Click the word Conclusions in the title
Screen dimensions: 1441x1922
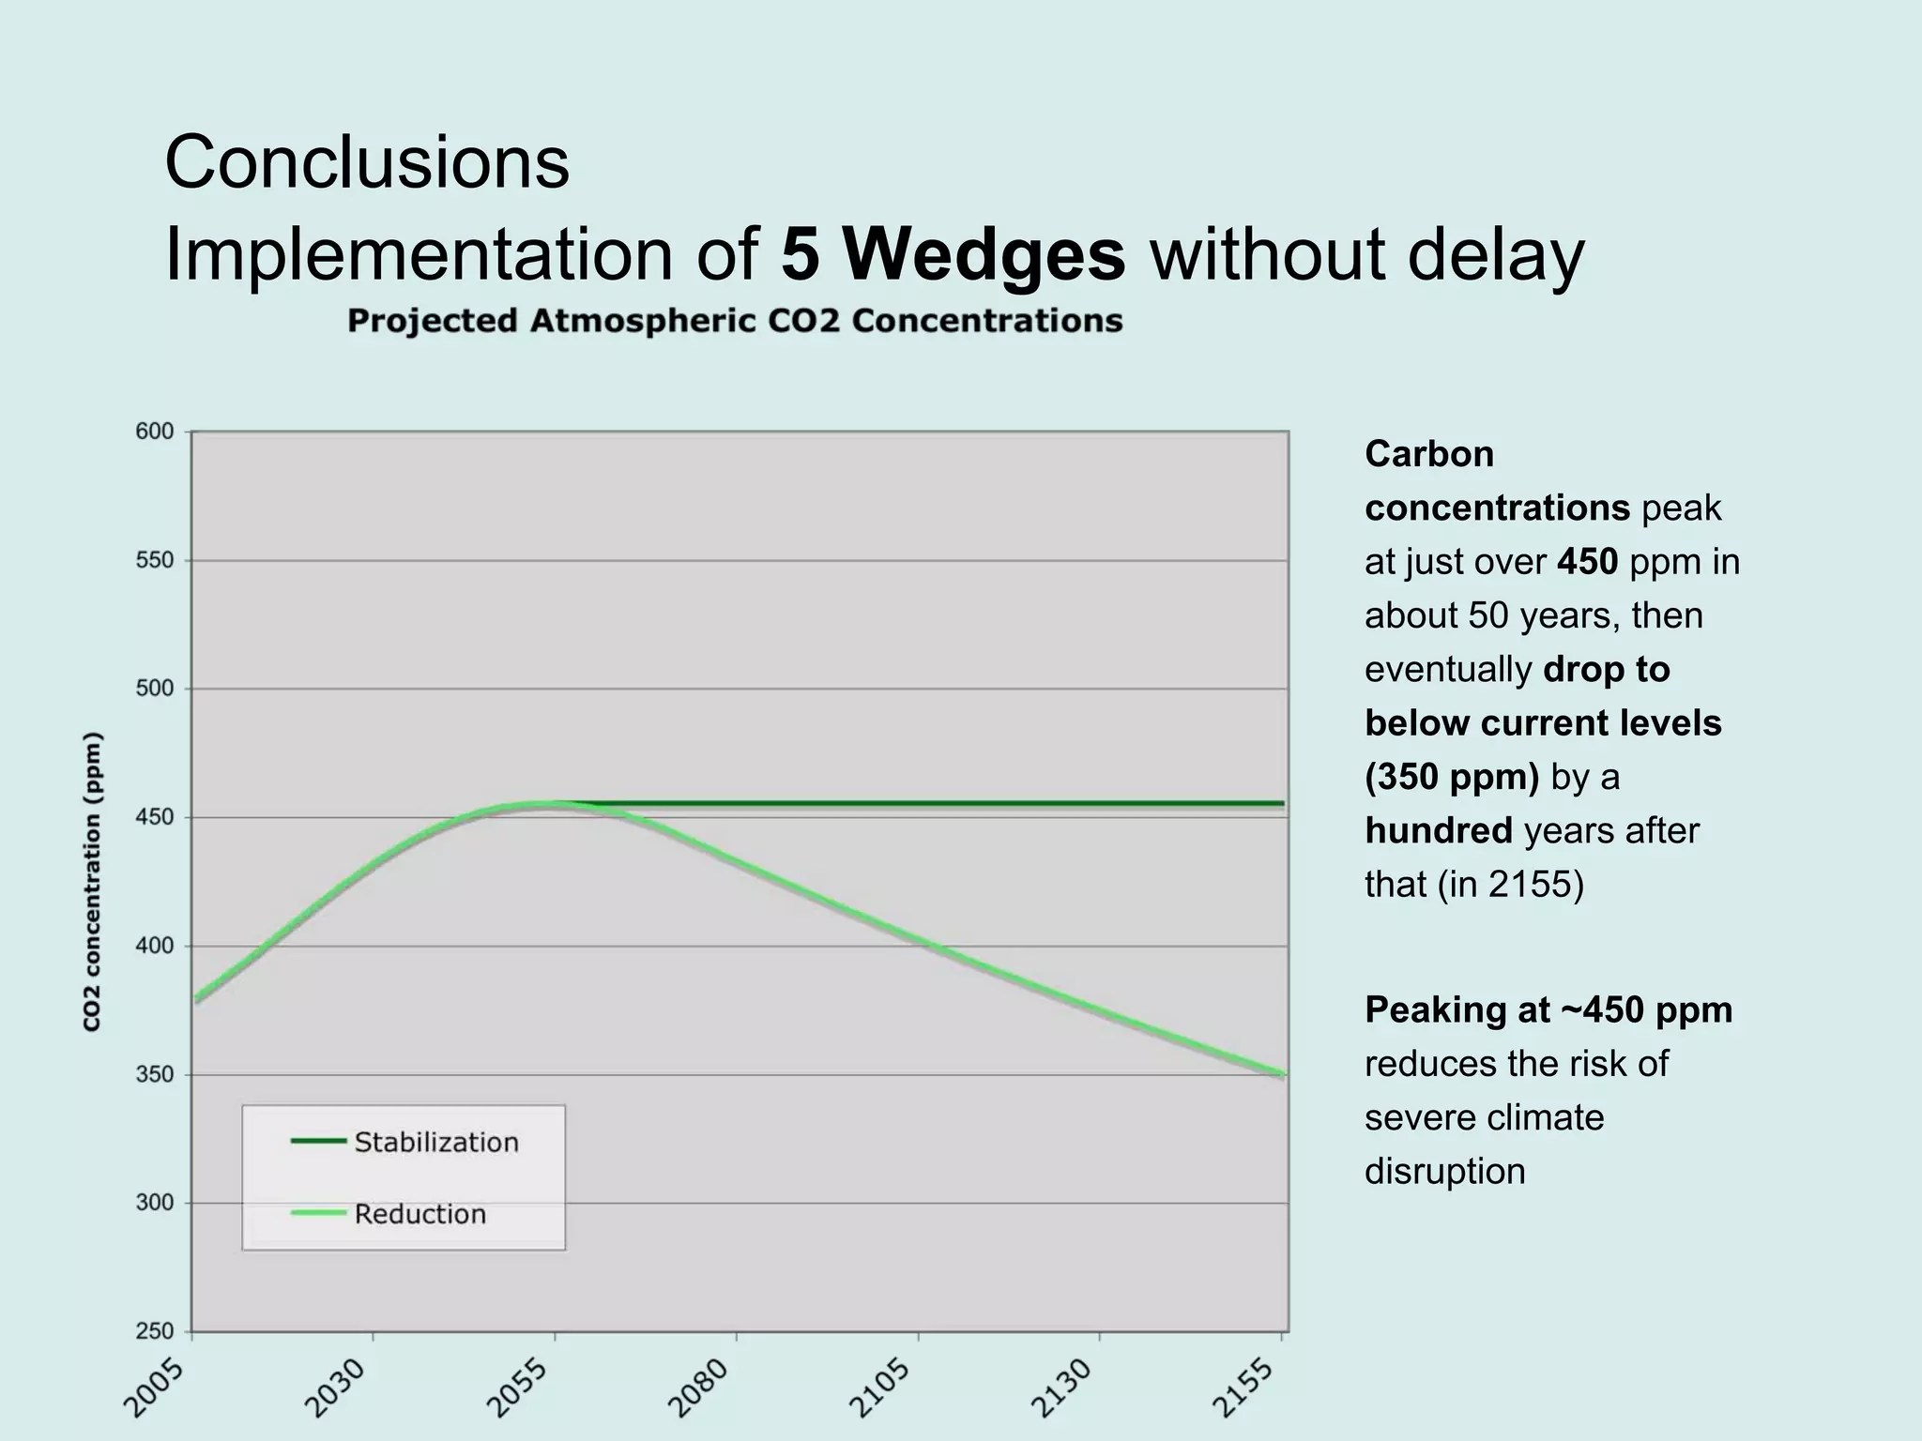(x=367, y=162)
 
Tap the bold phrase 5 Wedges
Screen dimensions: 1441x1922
(x=953, y=255)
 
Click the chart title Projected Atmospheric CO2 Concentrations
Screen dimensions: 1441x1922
(x=735, y=321)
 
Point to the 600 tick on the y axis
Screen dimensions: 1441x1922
(x=155, y=432)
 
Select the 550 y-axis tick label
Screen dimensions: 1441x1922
(x=155, y=560)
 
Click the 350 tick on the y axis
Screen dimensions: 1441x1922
(x=155, y=1074)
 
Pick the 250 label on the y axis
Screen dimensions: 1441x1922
(x=155, y=1330)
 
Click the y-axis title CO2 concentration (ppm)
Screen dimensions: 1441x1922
(x=92, y=882)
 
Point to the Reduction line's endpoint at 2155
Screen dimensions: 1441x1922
(x=1281, y=1074)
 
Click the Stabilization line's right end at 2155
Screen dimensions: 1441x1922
(x=1281, y=804)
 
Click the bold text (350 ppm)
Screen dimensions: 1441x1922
(x=1451, y=777)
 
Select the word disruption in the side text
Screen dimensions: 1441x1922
(x=1444, y=1171)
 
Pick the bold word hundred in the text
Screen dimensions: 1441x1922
(x=1438, y=830)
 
